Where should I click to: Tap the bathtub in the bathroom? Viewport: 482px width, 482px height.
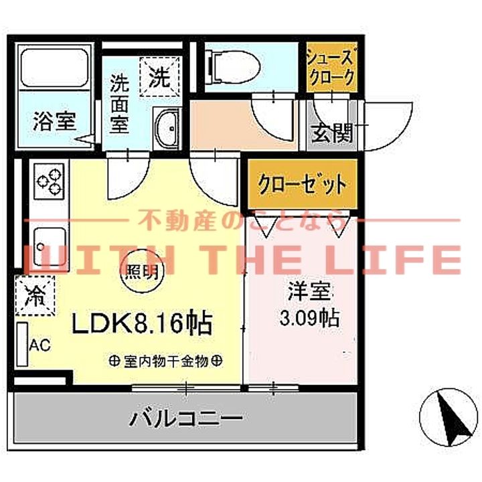point(55,68)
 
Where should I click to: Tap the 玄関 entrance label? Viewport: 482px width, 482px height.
point(332,133)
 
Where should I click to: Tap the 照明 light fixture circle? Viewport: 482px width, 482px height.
point(141,272)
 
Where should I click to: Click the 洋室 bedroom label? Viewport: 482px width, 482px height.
point(310,293)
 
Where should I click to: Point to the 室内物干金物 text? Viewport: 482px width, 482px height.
point(167,361)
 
